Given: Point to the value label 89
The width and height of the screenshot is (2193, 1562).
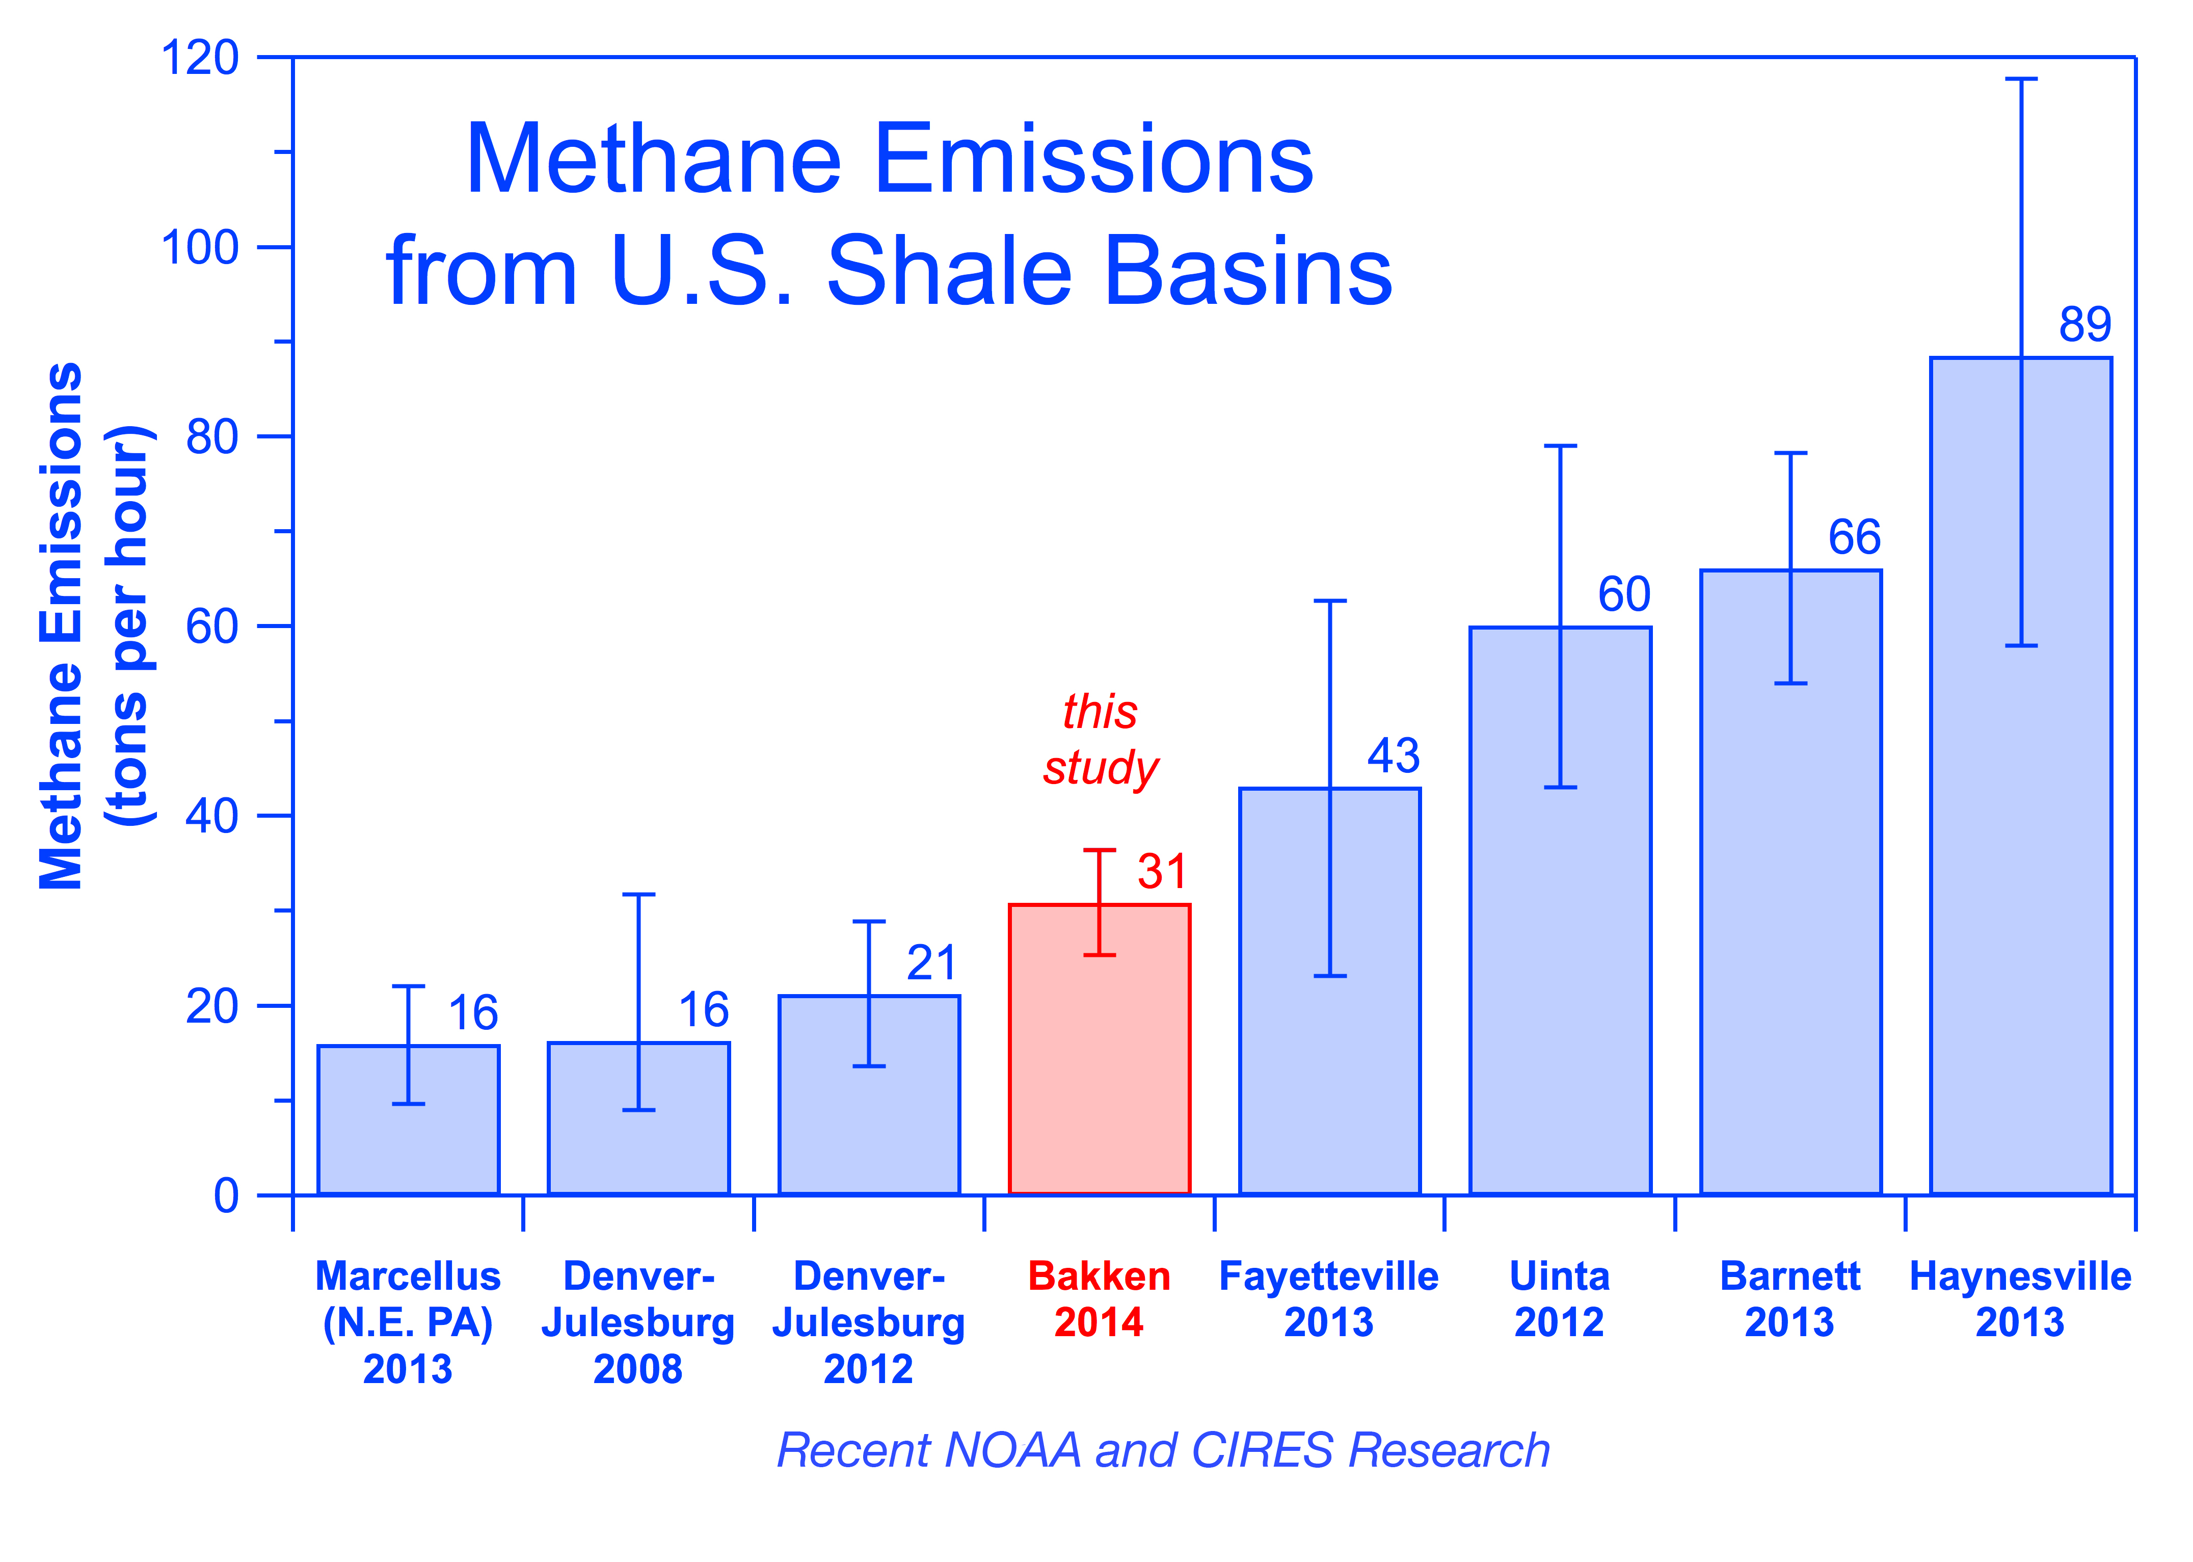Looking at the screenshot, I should click(2084, 325).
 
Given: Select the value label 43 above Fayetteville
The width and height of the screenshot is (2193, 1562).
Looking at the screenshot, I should click(1393, 756).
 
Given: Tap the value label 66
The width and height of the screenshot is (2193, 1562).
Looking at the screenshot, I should click(1854, 537).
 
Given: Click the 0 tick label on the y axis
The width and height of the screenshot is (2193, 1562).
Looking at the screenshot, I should click(226, 1195).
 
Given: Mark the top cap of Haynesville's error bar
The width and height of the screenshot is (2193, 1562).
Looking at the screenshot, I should click(2021, 79).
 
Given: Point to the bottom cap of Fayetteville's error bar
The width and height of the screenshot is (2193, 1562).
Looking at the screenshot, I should click(1330, 976).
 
